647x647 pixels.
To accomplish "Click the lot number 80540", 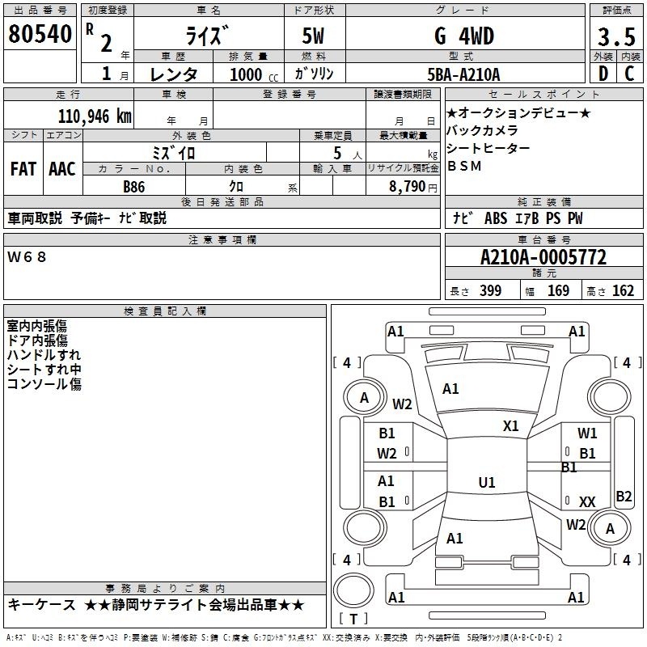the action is [40, 34].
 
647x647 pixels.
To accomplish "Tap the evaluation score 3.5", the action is [616, 36].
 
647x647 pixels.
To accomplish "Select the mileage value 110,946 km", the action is [95, 116].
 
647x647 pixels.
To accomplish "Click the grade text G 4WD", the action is [464, 36].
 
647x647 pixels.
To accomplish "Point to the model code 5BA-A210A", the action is [463, 74].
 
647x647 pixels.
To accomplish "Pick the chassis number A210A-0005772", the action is [543, 257].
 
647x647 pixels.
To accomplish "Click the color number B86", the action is [134, 187].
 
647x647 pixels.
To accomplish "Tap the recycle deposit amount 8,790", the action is [407, 187].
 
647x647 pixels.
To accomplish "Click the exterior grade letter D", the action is [603, 74].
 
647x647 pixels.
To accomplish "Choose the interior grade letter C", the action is [629, 74].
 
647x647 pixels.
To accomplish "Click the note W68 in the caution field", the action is [27, 257].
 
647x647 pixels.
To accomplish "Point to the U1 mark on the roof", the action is [487, 482].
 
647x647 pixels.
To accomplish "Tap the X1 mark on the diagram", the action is [510, 426].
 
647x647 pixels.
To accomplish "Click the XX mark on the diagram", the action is [587, 501].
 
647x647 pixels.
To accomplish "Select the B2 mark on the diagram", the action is [624, 496].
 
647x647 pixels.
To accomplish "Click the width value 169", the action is [558, 290].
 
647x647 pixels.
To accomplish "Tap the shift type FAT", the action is [23, 169].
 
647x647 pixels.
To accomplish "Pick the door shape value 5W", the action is [313, 36].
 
